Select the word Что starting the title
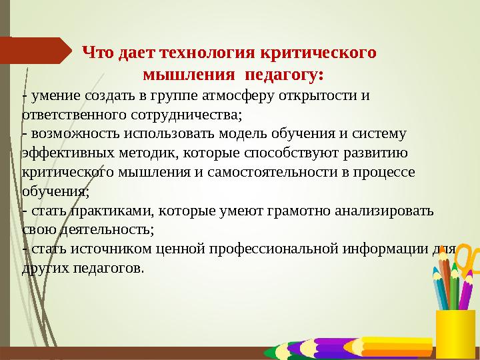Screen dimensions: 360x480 (95, 51)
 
